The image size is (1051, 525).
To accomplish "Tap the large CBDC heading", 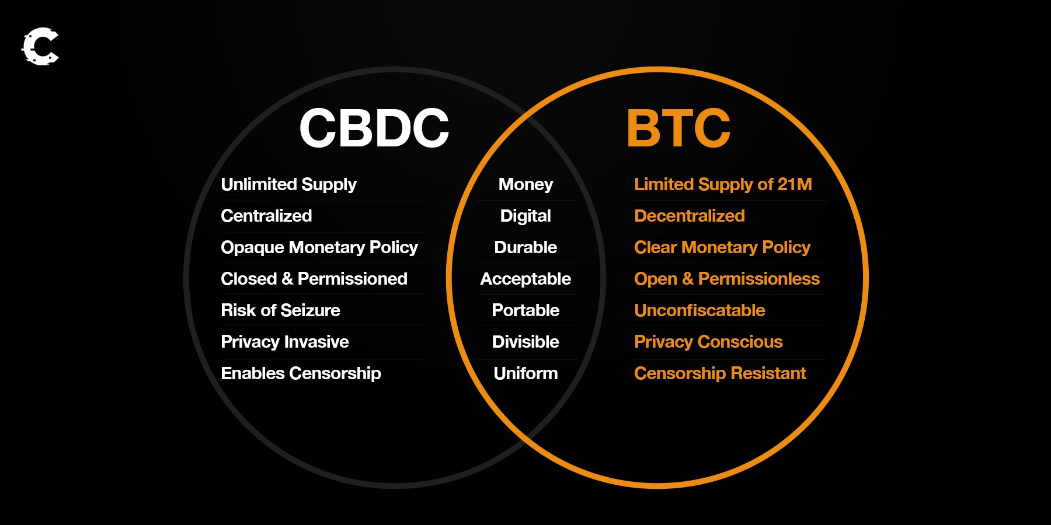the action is [374, 128].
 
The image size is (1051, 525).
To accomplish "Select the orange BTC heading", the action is [678, 128].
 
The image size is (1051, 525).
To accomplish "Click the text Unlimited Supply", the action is [288, 185].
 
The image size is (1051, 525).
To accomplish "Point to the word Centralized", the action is [266, 216].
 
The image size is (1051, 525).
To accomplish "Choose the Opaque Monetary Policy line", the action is [319, 248].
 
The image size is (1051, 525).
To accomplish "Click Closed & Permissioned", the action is [314, 279].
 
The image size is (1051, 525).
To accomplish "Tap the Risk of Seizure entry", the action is [280, 310].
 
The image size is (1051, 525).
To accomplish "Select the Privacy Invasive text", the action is [285, 342].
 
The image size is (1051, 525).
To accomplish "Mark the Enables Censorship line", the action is [301, 373].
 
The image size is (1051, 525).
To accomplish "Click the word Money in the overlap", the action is [525, 185].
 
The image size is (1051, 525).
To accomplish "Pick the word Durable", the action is [525, 247].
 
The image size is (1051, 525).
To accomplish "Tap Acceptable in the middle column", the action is [525, 279].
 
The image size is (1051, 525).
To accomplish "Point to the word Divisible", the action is [525, 342].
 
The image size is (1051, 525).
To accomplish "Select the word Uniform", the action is [525, 373].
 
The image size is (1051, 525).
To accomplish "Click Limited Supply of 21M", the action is [723, 185].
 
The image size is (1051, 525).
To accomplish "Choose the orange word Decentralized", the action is [690, 216].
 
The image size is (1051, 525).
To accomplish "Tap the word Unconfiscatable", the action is [699, 310].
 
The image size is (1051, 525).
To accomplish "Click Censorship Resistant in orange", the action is [720, 373].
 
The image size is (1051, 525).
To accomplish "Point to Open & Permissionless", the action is [727, 279].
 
